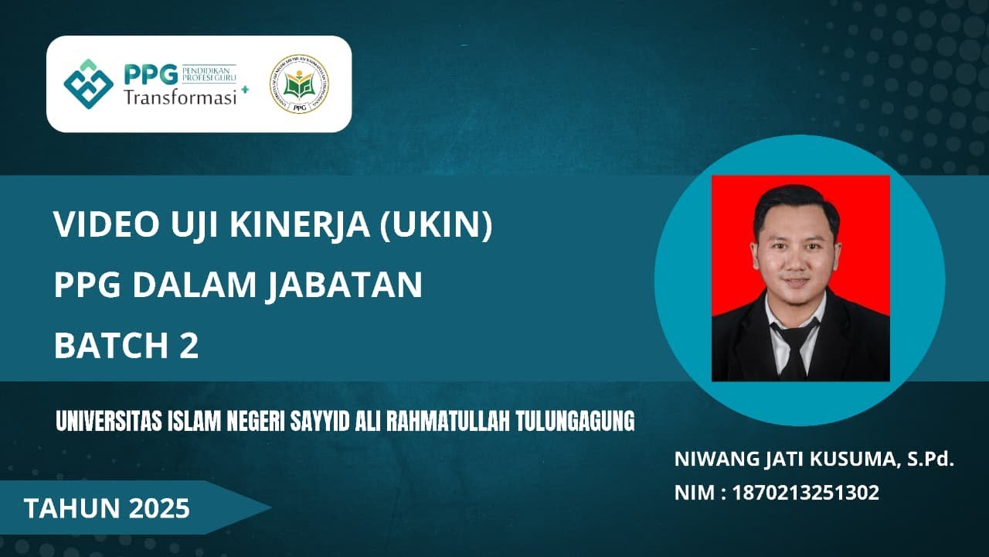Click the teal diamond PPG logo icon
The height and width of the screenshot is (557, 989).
88,84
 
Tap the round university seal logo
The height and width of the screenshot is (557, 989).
299,84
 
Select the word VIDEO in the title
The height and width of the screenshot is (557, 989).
93,225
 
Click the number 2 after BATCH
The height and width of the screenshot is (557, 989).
189,346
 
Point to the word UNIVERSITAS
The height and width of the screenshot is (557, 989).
107,422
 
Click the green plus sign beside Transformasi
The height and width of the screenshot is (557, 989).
245,90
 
